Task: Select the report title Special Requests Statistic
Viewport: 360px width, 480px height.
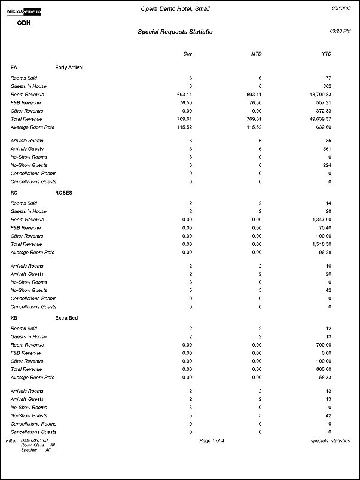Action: pyautogui.click(x=175, y=32)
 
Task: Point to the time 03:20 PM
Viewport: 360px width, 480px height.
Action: pyautogui.click(x=340, y=30)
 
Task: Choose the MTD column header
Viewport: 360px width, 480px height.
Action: pyautogui.click(x=257, y=54)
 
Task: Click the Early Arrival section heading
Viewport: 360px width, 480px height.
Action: pyautogui.click(x=69, y=68)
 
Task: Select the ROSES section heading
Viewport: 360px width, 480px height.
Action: pyautogui.click(x=64, y=193)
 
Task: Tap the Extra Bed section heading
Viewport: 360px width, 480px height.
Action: pyautogui.click(x=66, y=318)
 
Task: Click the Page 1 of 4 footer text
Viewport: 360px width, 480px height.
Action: pyautogui.click(x=212, y=440)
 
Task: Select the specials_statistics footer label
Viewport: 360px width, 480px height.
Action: pyautogui.click(x=331, y=440)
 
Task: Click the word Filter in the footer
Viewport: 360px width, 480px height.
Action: pyautogui.click(x=11, y=440)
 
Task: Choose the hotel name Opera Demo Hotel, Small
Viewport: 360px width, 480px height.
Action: pyautogui.click(x=175, y=8)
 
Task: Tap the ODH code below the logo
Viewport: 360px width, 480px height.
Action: pyautogui.click(x=24, y=23)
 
